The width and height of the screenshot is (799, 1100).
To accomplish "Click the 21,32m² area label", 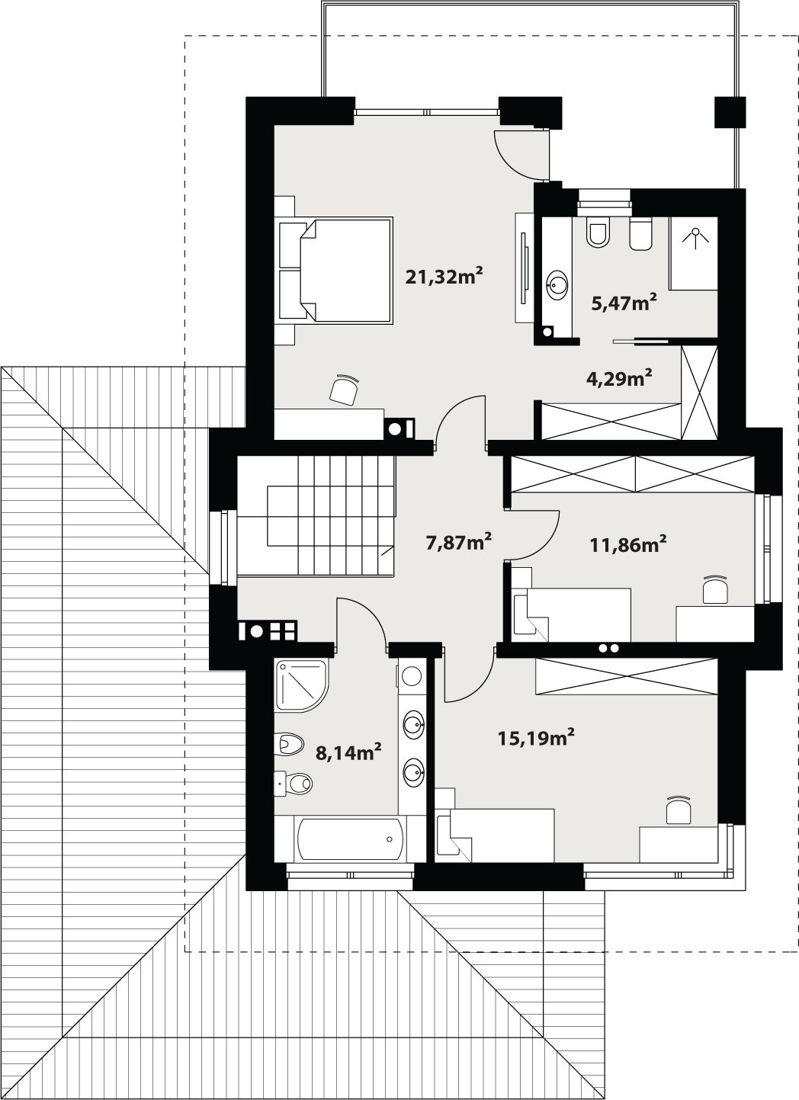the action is tap(444, 276).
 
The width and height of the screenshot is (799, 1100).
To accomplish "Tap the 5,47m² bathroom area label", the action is tap(624, 303).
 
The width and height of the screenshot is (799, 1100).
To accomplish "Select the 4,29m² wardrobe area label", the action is tap(619, 378).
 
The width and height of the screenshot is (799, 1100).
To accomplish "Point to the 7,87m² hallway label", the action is tap(459, 543).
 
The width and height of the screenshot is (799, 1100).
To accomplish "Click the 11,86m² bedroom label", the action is tap(628, 544).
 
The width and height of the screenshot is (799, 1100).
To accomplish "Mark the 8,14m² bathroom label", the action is tap(348, 752).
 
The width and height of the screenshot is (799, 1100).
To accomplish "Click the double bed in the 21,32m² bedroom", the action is tap(336, 270).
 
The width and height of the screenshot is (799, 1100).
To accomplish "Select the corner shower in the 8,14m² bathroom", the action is tap(300, 685).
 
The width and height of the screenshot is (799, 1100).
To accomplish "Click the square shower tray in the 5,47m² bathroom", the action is tap(693, 253).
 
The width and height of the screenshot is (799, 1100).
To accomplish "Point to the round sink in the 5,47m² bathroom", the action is tap(557, 284).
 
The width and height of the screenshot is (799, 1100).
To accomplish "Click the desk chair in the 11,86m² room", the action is tap(715, 589).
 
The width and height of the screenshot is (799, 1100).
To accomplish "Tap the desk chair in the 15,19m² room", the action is tap(679, 810).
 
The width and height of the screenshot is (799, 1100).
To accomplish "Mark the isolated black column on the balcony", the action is tap(730, 113).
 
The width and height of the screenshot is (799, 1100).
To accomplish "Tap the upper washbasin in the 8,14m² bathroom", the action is tap(413, 725).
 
